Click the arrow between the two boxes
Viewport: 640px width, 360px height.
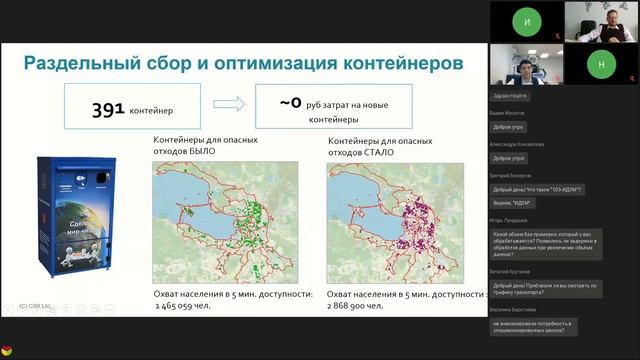228,104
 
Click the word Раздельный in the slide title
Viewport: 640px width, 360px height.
87,63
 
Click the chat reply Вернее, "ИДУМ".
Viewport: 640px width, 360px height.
514,203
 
